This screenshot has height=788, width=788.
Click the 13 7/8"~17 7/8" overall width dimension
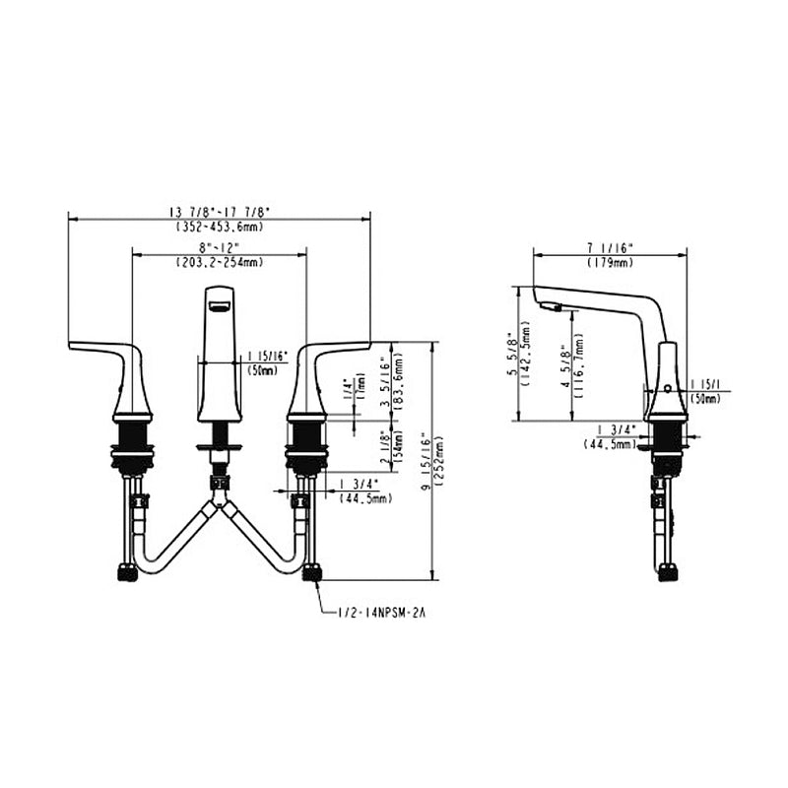[220, 212]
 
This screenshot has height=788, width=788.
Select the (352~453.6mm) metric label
[220, 226]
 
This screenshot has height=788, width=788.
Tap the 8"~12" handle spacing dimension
[219, 247]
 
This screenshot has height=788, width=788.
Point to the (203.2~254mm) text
[219, 262]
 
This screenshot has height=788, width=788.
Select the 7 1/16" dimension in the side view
[611, 248]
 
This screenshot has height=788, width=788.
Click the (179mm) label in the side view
[611, 263]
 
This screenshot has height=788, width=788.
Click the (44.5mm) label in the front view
[365, 499]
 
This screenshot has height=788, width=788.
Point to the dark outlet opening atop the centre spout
[219, 304]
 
